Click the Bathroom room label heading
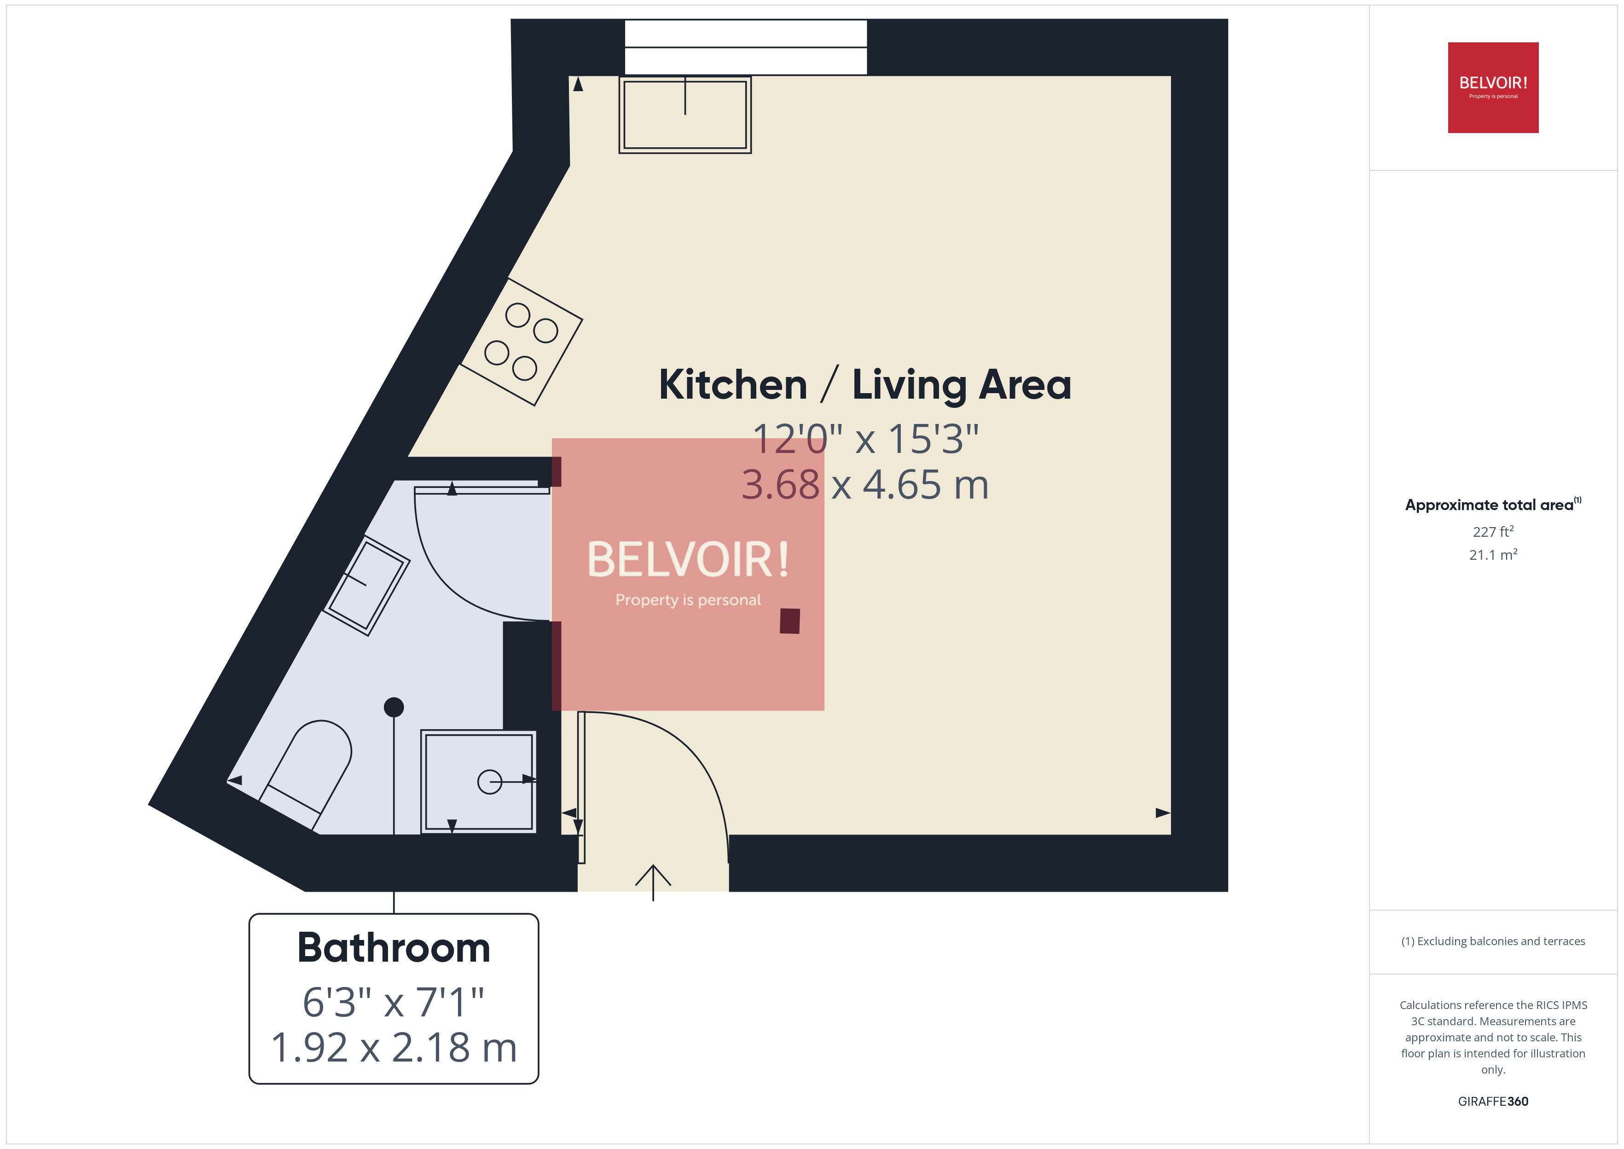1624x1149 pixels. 393,948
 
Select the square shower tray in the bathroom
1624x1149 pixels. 478,782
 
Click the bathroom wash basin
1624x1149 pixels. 366,585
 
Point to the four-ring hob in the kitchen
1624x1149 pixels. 521,342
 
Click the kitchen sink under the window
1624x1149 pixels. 684,115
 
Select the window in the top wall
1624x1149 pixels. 746,46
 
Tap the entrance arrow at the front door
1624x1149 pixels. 653,881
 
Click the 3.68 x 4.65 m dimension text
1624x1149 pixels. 864,485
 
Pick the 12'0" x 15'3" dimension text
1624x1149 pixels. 864,439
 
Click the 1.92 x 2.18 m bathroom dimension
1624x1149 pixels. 393,1048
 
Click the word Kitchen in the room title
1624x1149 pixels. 733,386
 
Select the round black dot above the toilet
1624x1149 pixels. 394,707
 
